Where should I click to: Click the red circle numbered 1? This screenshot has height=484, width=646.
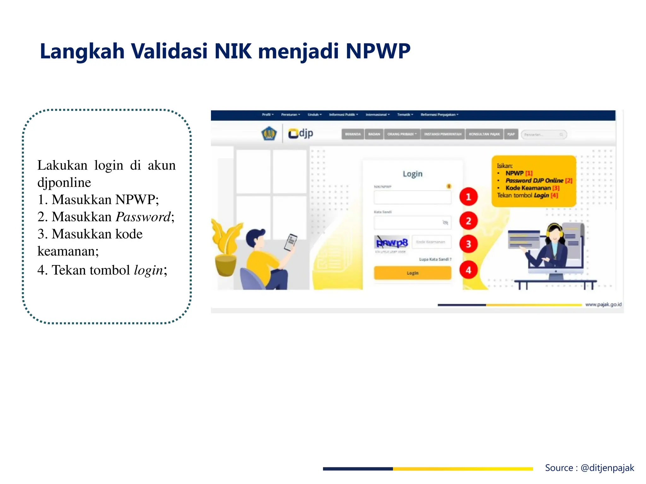pyautogui.click(x=468, y=197)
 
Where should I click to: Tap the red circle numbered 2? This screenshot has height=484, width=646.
pyautogui.click(x=468, y=221)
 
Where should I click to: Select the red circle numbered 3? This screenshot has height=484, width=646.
pyautogui.click(x=468, y=244)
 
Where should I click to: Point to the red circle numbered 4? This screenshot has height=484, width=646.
pyautogui.click(x=468, y=270)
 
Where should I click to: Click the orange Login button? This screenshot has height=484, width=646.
pyautogui.click(x=412, y=273)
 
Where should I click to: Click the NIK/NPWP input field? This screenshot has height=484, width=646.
pyautogui.click(x=412, y=198)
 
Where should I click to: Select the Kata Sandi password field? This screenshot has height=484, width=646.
pyautogui.click(x=408, y=223)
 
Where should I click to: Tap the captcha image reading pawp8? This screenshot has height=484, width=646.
pyautogui.click(x=392, y=242)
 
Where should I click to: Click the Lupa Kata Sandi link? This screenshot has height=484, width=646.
pyautogui.click(x=435, y=259)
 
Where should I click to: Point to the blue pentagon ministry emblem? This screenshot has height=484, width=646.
pyautogui.click(x=269, y=134)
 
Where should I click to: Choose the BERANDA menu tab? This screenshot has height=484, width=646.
pyautogui.click(x=353, y=134)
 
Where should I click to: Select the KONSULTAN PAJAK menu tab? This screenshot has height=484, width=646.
pyautogui.click(x=484, y=134)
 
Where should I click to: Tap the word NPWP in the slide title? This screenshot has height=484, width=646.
pyautogui.click(x=378, y=51)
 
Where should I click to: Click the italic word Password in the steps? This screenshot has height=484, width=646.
pyautogui.click(x=143, y=217)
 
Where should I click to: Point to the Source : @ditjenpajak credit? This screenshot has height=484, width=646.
pyautogui.click(x=589, y=468)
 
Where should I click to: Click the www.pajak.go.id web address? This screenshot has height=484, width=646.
pyautogui.click(x=603, y=304)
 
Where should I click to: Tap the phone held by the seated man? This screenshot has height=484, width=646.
pyautogui.click(x=291, y=242)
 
